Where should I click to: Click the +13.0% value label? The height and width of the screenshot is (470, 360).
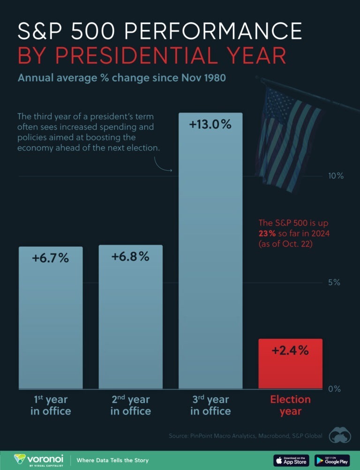210,125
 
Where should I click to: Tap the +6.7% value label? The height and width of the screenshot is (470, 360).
51,258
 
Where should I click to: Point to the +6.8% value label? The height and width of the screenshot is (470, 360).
130,257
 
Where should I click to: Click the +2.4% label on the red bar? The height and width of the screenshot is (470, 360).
290,350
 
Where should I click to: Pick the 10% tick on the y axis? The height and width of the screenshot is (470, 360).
336,176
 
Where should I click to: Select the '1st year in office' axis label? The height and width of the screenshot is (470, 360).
51,405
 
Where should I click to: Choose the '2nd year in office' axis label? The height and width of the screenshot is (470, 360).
130,405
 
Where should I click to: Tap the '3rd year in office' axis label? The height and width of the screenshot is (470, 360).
210,405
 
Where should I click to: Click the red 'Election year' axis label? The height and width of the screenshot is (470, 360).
290,405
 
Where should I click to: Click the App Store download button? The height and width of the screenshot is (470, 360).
291,460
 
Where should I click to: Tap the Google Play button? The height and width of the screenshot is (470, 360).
331,460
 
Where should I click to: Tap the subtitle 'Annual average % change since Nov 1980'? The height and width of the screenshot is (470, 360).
121,77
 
